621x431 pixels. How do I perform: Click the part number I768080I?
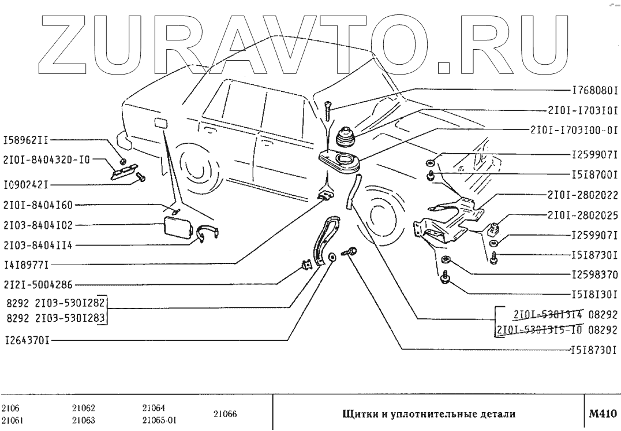(x=595, y=91)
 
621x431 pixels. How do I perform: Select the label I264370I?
(x=25, y=340)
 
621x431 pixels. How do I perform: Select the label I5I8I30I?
(x=595, y=293)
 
